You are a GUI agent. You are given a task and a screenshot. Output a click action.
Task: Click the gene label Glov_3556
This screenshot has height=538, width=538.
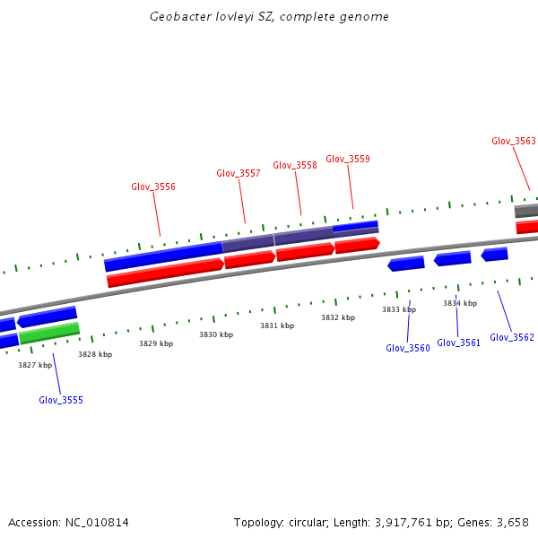153,187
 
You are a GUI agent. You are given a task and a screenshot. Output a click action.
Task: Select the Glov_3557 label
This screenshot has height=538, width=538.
239,173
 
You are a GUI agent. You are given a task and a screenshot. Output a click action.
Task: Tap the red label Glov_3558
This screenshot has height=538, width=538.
295,165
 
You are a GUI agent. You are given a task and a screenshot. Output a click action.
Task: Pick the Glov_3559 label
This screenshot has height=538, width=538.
348,159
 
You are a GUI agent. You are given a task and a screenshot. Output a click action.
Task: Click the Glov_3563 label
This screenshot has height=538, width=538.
514,141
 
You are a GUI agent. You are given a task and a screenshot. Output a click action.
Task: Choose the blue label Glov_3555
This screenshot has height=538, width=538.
61,400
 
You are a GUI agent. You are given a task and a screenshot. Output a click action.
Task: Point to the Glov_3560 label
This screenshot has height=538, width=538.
408,348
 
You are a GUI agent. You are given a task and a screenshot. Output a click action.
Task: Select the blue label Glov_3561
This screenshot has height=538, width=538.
459,343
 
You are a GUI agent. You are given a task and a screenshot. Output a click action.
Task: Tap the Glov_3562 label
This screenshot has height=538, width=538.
512,337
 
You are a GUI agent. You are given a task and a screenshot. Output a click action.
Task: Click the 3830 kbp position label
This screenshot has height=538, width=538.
216,334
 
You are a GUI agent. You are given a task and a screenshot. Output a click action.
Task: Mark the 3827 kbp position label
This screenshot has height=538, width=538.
35,365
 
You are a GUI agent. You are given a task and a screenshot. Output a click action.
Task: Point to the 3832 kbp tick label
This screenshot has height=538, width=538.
338,317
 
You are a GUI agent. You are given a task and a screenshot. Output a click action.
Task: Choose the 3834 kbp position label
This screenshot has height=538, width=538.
460,303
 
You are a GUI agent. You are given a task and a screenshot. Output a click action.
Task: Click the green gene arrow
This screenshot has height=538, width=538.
49,334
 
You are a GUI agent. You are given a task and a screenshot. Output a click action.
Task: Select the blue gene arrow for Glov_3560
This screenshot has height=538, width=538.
406,264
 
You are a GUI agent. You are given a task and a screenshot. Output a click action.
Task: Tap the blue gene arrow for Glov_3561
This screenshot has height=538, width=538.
453,258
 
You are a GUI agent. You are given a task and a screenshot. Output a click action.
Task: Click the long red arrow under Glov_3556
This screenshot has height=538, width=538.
165,273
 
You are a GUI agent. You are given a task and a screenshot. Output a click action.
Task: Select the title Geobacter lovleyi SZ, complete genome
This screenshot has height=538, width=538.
269,17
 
